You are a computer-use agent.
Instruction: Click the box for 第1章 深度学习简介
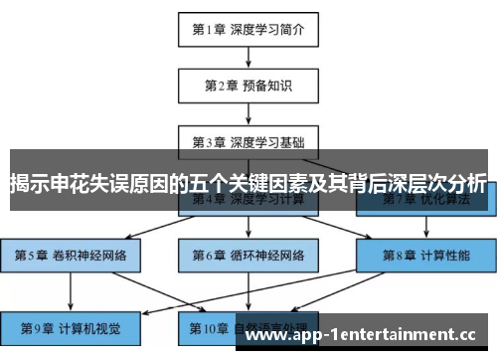click(x=248, y=30)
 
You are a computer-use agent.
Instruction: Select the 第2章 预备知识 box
click(x=248, y=86)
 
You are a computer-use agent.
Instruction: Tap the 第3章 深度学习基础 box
click(x=248, y=140)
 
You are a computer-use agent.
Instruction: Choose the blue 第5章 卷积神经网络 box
click(x=70, y=255)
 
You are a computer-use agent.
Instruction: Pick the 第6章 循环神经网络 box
click(x=248, y=255)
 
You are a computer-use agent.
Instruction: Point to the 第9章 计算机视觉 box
click(x=70, y=326)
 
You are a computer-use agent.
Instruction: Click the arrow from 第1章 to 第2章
click(x=248, y=58)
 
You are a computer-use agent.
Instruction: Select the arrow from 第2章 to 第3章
click(x=248, y=112)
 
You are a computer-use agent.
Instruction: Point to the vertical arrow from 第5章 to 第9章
click(x=70, y=290)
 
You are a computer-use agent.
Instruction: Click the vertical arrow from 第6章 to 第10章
click(x=248, y=290)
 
